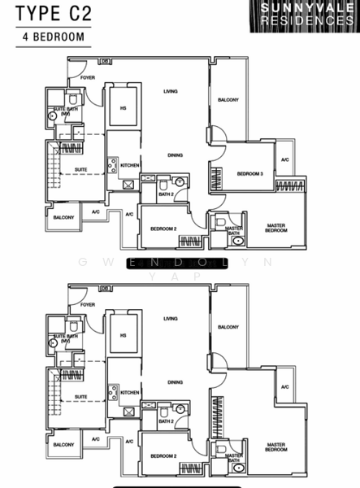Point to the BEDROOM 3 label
[249, 174]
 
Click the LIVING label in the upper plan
[170, 92]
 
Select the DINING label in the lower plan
[175, 381]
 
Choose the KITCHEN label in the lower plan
[130, 392]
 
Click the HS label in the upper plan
[124, 108]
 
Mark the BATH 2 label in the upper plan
[166, 195]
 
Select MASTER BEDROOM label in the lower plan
[276, 447]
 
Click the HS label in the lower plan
[124, 334]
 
